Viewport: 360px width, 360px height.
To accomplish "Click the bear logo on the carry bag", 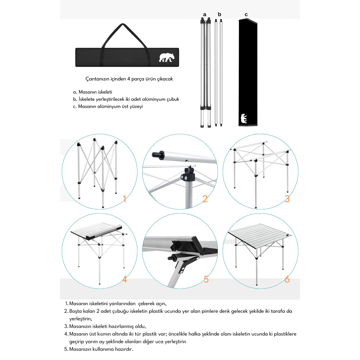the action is coord(167,58).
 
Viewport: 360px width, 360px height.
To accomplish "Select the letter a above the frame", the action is coord(205,14).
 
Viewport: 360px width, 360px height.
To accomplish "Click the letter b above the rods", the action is coord(220,14).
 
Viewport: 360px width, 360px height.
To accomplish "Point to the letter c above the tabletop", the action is coord(246,14).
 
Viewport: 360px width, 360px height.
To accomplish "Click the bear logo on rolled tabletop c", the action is coord(244,118).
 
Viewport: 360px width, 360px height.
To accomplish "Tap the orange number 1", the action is coord(125,199).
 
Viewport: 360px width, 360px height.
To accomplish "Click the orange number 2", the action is coord(205,199).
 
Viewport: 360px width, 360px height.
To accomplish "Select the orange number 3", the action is coord(287,199).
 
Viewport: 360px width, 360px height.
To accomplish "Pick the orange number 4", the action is coord(125,279).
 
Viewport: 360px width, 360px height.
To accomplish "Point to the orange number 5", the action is coord(206,279).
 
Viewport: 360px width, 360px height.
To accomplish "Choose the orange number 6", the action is coord(287,279).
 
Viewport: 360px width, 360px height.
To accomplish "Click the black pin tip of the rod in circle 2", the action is coord(155,154).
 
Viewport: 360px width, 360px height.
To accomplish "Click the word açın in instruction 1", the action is coord(161,304).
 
